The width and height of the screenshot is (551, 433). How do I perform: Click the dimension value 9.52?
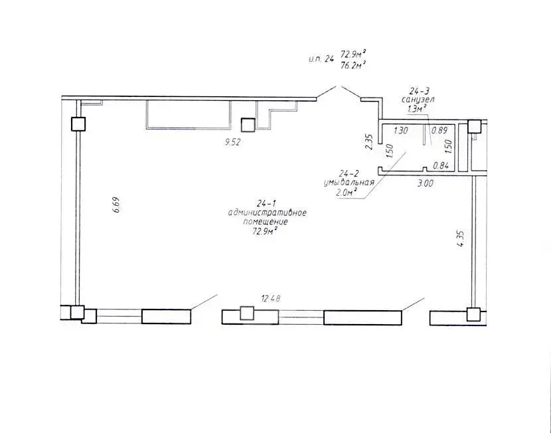233,143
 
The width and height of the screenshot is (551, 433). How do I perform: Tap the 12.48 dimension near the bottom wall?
271,299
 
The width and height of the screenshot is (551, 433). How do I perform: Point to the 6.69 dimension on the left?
116,205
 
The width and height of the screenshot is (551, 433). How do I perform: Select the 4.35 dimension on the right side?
461,238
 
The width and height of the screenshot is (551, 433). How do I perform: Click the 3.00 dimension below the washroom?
425,183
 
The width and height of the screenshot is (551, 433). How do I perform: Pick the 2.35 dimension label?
368,142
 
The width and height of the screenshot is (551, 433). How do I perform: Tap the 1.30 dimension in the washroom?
400,130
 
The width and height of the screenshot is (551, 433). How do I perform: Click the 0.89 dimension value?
439,130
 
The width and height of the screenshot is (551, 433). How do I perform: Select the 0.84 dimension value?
441,165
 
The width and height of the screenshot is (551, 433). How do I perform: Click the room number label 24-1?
267,203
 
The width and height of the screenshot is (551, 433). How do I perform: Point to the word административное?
268,213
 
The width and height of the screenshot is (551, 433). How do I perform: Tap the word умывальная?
349,183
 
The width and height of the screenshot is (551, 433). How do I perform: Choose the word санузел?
418,100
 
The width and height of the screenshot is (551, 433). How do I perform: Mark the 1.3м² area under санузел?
417,109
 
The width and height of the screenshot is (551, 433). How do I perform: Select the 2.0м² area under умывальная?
347,192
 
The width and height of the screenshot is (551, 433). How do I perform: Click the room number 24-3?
419,92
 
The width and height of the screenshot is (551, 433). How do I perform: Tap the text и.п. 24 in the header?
321,59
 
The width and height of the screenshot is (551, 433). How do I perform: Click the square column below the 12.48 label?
247,313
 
